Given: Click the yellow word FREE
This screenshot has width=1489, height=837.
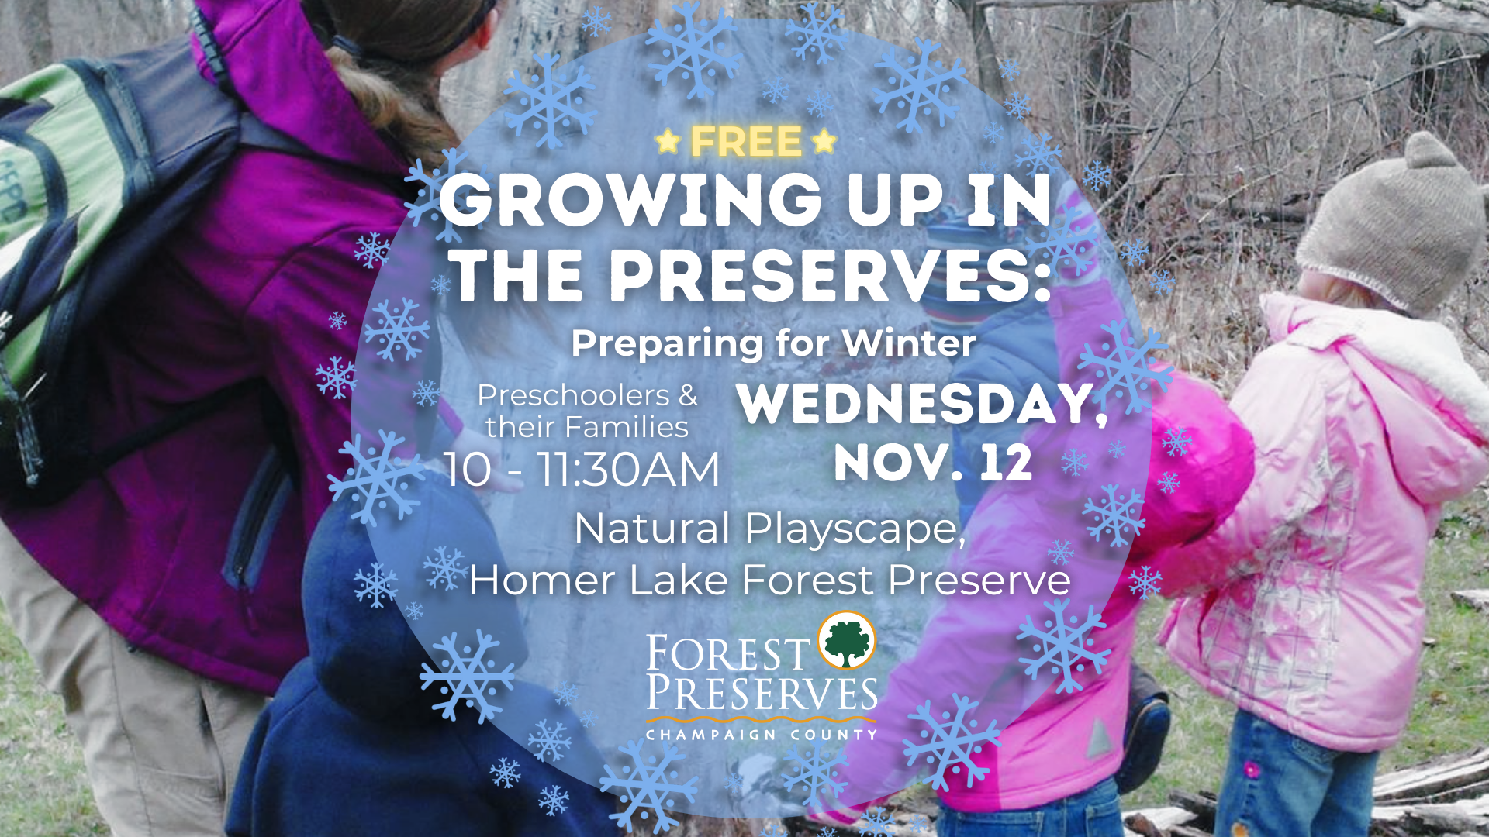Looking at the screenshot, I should [746, 142].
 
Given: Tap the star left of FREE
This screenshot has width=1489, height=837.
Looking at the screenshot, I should [668, 142].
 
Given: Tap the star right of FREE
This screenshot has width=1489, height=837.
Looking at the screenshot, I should [824, 142].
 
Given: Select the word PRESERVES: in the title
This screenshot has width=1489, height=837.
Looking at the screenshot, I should [830, 277].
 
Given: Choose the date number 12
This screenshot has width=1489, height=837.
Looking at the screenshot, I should [1005, 463].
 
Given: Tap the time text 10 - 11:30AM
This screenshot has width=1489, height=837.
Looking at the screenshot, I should [582, 470].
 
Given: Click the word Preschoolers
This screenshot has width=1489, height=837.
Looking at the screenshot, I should [573, 395].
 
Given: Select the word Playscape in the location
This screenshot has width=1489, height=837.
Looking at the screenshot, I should [854, 529].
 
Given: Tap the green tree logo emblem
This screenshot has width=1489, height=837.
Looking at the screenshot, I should [847, 641].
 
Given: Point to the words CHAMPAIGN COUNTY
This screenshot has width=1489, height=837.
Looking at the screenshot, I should [762, 734].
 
